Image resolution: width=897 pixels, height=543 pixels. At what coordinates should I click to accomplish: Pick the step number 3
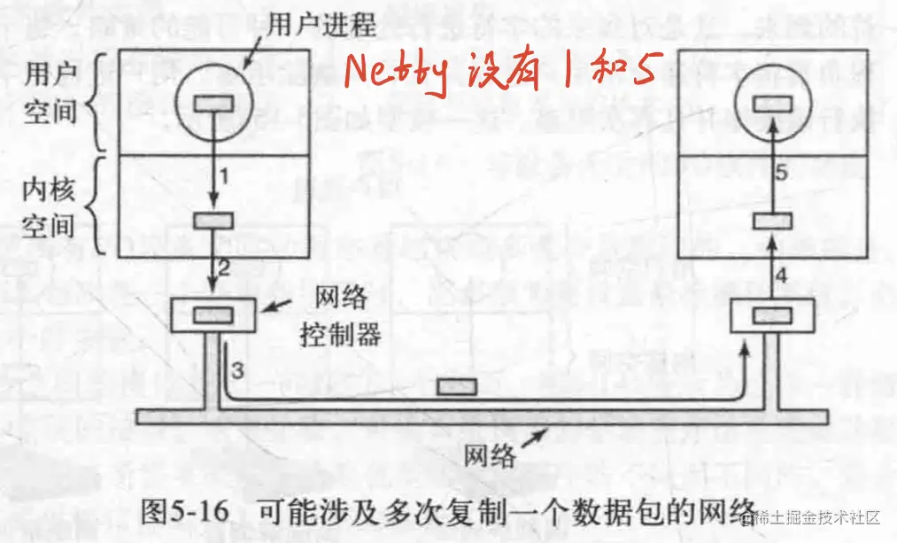coord(236,366)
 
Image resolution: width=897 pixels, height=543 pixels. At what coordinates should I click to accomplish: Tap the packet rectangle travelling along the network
coord(458,387)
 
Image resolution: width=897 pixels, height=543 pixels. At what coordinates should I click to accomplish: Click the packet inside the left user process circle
coord(213,103)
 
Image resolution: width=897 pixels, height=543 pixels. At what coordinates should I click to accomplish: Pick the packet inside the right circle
coord(771,103)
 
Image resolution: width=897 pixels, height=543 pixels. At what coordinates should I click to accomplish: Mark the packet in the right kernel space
coord(771,221)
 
